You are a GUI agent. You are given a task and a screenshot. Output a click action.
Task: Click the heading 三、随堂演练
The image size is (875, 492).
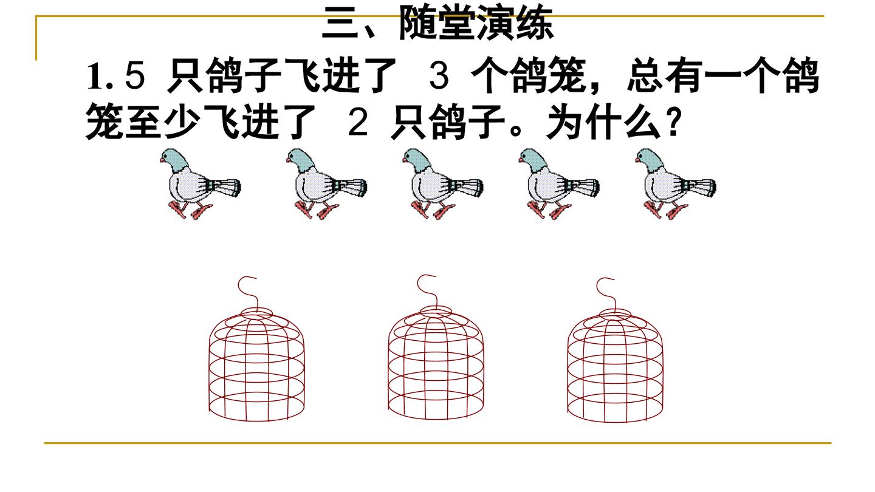(x=437, y=24)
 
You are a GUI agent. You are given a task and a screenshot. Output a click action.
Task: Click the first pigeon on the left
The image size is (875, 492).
(x=201, y=183)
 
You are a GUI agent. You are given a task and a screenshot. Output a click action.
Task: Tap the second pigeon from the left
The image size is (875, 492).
(x=326, y=183)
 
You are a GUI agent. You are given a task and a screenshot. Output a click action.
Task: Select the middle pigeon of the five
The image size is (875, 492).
(x=443, y=183)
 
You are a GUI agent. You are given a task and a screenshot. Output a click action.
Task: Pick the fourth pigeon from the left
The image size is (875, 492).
(x=559, y=183)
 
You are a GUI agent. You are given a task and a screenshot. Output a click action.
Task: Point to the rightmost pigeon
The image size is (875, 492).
(x=676, y=183)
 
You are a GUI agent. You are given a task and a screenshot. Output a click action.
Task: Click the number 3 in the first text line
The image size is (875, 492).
(x=439, y=76)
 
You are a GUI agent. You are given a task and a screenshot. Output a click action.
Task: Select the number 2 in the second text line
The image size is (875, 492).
(x=358, y=122)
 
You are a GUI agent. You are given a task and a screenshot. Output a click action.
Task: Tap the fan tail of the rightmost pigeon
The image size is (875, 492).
(x=700, y=188)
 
